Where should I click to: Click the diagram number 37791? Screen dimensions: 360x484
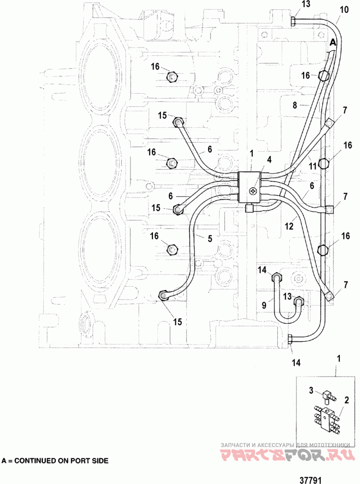click(310, 480)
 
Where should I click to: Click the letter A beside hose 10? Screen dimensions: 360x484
click(333, 42)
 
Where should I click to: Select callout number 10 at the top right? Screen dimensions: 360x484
click(344, 9)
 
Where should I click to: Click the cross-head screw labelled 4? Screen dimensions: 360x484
click(253, 191)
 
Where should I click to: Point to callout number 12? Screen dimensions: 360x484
click(289, 226)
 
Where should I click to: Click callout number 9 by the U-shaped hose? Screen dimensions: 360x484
click(264, 305)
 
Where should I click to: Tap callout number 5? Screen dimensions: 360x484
click(210, 238)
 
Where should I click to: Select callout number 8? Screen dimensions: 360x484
click(295, 105)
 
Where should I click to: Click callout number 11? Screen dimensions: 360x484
click(313, 167)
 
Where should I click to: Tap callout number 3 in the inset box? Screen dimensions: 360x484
click(311, 390)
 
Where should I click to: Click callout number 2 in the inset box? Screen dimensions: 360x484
click(346, 400)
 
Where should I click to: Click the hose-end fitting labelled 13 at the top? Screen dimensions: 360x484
click(293, 21)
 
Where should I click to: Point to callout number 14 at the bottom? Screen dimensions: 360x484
click(296, 362)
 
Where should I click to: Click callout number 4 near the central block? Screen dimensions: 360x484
click(269, 159)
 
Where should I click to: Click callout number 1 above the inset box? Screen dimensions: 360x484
click(339, 358)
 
